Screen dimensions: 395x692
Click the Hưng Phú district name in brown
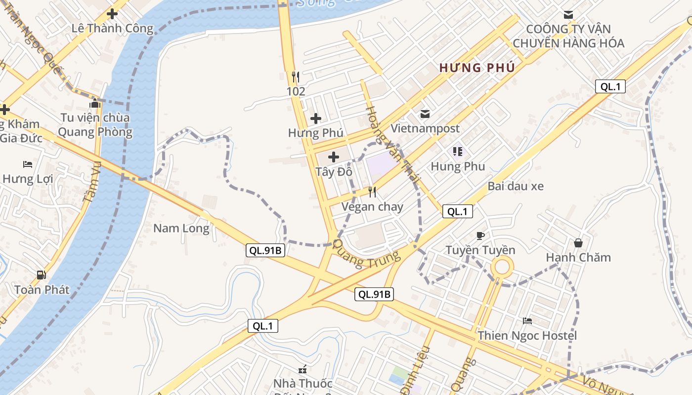(x=477, y=68)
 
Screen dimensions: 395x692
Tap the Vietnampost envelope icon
(x=425, y=114)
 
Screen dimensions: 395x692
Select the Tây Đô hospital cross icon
(x=334, y=157)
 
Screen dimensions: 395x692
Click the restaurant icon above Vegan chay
(x=372, y=192)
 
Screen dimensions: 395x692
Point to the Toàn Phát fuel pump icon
(x=42, y=275)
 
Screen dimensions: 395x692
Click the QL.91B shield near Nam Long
(x=265, y=250)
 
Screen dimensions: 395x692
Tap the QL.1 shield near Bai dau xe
(x=457, y=212)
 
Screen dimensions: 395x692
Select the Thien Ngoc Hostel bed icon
(x=527, y=321)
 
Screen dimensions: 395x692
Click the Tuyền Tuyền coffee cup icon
(x=480, y=236)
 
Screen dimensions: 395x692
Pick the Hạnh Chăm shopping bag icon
(x=578, y=242)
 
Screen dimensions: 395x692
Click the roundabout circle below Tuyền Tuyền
(x=502, y=268)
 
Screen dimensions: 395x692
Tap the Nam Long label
(x=181, y=228)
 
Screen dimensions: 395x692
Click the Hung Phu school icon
(x=457, y=152)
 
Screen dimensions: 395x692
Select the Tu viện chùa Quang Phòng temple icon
(x=95, y=103)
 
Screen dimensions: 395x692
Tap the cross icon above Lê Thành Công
(x=112, y=14)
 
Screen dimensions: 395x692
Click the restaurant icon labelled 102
(x=296, y=77)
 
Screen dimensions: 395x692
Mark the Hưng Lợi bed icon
(x=28, y=164)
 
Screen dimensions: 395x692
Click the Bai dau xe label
(x=516, y=186)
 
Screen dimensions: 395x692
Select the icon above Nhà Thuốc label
(x=303, y=369)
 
